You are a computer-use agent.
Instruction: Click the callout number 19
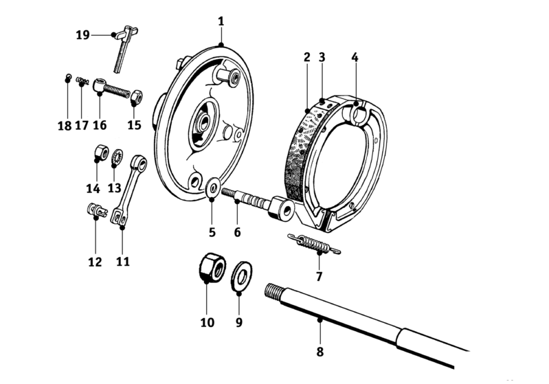click(83, 35)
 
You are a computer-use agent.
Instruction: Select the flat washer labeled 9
click(241, 275)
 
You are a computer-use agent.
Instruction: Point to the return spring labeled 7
click(314, 244)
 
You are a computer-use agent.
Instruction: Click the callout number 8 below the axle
click(320, 352)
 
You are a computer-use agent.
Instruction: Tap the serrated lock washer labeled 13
click(117, 157)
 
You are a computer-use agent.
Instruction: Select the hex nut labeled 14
click(101, 153)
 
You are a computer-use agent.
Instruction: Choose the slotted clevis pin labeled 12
click(96, 210)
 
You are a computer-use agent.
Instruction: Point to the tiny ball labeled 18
click(68, 77)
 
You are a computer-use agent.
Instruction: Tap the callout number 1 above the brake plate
click(221, 21)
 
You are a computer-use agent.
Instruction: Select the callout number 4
click(355, 57)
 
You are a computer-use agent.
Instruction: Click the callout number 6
click(237, 231)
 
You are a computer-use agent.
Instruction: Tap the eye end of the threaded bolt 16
click(99, 84)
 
